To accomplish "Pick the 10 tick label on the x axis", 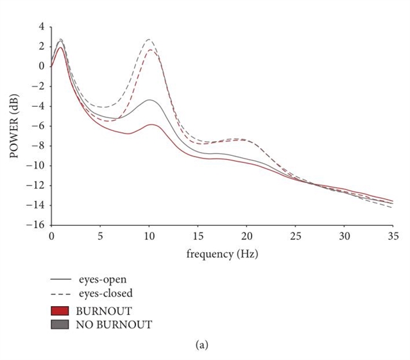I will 149,237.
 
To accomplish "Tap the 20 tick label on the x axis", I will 246,237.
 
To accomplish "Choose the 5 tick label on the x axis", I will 100,237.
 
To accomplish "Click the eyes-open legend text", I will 103,280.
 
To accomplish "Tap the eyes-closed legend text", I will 105,294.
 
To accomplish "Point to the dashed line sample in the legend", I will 61,294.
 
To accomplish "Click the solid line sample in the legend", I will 61,280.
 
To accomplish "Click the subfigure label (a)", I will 205,345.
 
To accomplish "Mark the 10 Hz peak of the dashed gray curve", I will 149,39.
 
